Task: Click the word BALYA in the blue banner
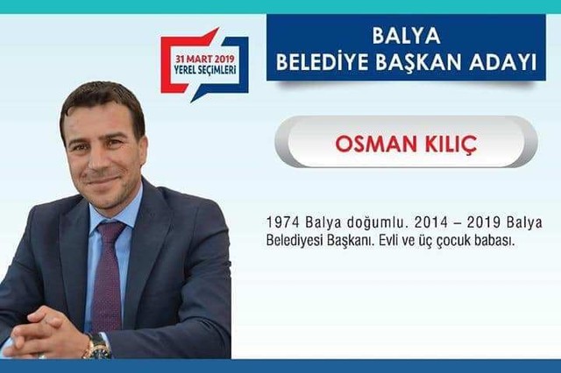(406, 36)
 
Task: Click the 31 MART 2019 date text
(204, 59)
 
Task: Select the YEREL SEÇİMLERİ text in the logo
(205, 69)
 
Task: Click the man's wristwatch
(97, 346)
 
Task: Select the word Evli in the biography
(387, 241)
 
